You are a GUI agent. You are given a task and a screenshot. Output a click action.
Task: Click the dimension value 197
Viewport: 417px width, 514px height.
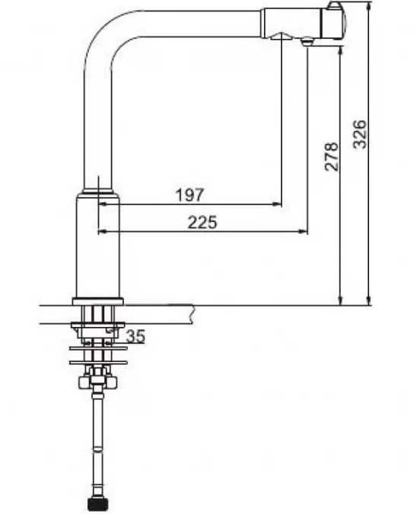pyautogui.click(x=189, y=195)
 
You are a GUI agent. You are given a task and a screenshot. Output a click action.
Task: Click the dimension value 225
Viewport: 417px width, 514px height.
pyautogui.click(x=202, y=222)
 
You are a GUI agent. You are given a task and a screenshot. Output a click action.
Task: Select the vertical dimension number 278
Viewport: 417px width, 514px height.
pyautogui.click(x=331, y=157)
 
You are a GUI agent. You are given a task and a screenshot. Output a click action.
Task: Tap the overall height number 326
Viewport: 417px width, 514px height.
pyautogui.click(x=359, y=134)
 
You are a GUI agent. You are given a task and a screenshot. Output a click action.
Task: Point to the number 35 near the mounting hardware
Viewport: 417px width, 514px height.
pyautogui.click(x=135, y=336)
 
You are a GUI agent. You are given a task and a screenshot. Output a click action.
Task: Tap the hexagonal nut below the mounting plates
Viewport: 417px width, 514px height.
pyautogui.click(x=97, y=381)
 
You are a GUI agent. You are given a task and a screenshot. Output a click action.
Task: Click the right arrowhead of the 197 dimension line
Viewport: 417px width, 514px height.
pyautogui.click(x=277, y=205)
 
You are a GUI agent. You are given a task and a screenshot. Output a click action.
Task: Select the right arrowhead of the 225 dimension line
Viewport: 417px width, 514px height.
pyautogui.click(x=303, y=231)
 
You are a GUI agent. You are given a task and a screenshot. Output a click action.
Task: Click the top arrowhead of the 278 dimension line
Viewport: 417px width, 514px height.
pyautogui.click(x=341, y=51)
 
